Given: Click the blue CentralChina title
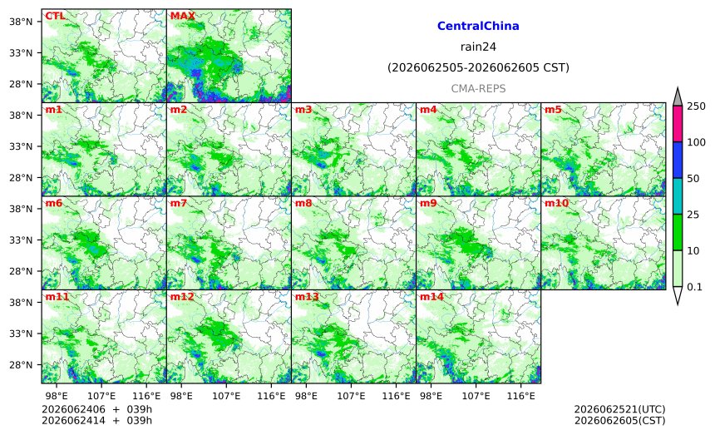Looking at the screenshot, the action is tap(478, 26).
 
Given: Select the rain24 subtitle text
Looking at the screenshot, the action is tap(478, 47).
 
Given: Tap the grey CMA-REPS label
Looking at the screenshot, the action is tap(478, 88).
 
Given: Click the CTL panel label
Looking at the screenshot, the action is tap(55, 16).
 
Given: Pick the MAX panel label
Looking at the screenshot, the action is tap(182, 16).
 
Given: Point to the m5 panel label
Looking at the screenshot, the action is tap(553, 110).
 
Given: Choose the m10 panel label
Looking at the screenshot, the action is tap(556, 203).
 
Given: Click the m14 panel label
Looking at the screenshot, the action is tap(431, 296).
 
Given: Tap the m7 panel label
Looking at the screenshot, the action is tap(178, 203).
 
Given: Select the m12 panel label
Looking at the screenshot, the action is tap(182, 296).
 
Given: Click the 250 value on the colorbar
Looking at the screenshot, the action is tap(697, 106).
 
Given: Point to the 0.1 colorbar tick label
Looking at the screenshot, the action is tap(694, 287).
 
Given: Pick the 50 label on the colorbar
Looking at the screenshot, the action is tap(693, 178).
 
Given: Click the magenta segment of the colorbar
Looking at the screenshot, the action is tap(678, 124).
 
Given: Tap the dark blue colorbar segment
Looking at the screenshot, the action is tap(678, 160).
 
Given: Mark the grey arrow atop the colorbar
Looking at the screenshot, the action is tap(678, 97).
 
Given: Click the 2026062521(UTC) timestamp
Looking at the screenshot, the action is tap(619, 409).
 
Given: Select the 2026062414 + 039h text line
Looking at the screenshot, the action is tap(96, 420).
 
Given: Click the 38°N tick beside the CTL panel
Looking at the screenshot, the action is tap(21, 22).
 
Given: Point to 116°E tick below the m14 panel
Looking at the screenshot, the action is tap(520, 396).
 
